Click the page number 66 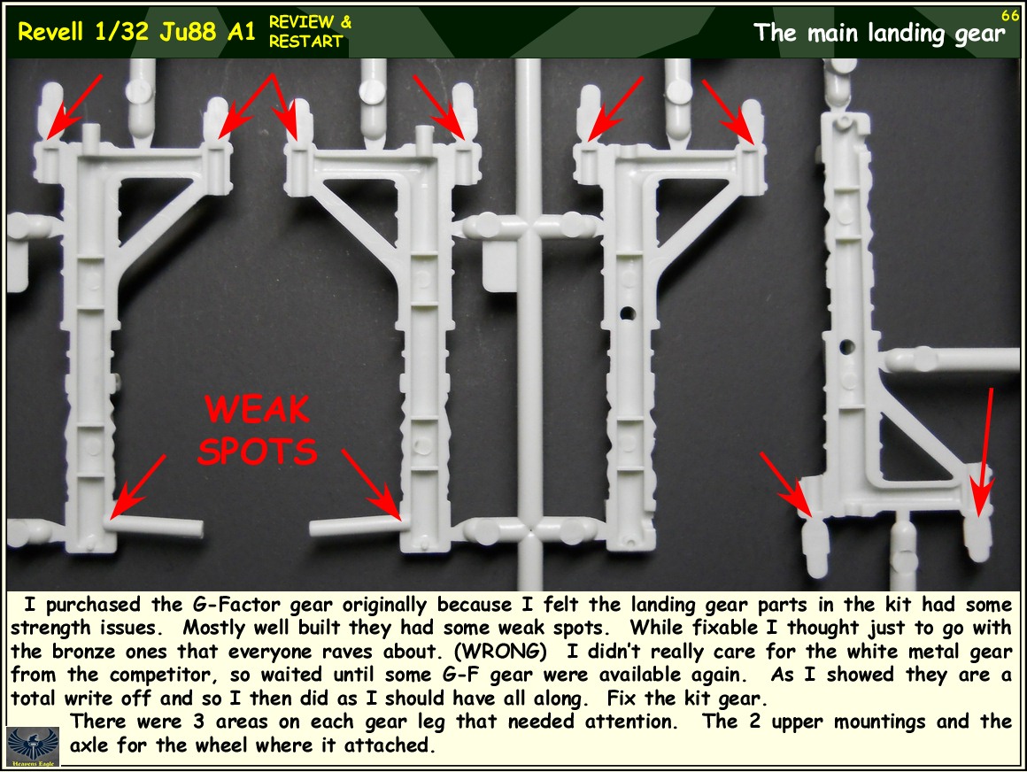click(1010, 14)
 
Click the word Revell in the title click(51, 32)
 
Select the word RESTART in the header click(305, 42)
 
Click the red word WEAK click(257, 410)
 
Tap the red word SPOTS click(258, 452)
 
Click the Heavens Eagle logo click(33, 745)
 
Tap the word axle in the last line click(89, 745)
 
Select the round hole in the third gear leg click(628, 313)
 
